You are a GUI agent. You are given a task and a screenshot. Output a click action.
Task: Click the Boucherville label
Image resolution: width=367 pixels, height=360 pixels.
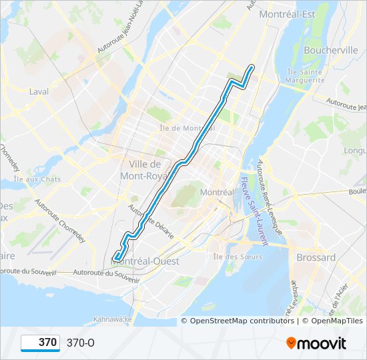[x=330, y=50]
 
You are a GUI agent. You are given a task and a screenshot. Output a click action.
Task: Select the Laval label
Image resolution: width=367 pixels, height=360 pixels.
[x=39, y=91]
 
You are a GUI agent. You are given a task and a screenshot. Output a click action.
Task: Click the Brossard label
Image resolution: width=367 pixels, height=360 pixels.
[x=316, y=257]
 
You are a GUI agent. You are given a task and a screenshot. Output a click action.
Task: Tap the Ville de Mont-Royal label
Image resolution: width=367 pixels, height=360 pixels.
[x=140, y=170]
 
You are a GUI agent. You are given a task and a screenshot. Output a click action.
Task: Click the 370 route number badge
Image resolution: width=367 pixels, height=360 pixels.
[x=41, y=343]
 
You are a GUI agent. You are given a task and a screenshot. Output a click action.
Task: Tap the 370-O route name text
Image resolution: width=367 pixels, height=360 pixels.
[x=81, y=343]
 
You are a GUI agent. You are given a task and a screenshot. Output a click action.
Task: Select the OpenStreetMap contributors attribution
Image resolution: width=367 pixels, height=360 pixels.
[x=237, y=321]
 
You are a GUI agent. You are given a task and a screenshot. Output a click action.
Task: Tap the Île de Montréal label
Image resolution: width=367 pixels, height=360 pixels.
[x=187, y=127]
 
